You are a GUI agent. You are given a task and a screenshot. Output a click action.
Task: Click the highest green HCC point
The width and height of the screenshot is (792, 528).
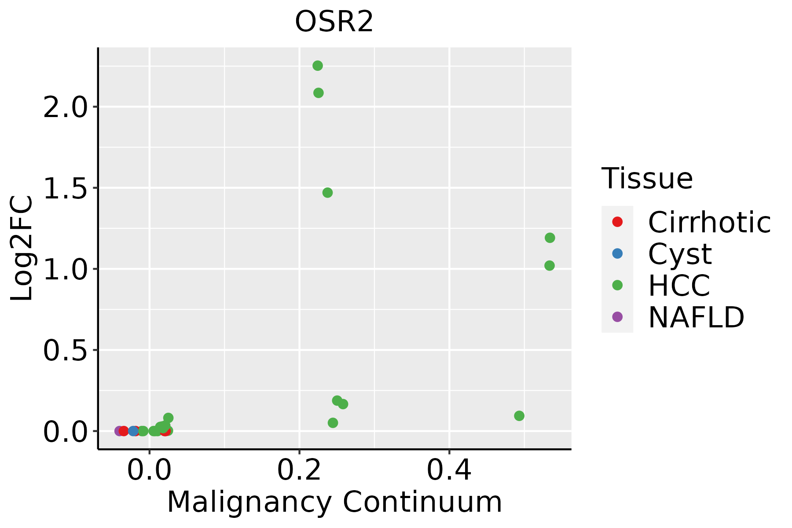(x=318, y=66)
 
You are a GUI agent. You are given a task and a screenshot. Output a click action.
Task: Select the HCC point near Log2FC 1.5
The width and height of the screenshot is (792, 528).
(x=327, y=193)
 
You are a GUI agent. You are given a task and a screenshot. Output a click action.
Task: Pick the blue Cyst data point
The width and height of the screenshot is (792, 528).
(x=133, y=431)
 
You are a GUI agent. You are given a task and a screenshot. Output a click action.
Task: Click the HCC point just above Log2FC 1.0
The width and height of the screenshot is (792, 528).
(x=549, y=266)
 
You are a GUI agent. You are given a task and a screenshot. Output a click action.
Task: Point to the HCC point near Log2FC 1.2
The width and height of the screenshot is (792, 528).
(x=550, y=238)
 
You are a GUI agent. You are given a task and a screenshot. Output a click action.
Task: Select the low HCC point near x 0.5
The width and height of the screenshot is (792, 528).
(x=519, y=416)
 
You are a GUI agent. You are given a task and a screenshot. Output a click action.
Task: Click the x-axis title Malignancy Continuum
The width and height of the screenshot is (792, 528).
(x=334, y=502)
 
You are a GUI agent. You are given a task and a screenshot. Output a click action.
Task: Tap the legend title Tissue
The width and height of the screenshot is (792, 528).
(x=647, y=179)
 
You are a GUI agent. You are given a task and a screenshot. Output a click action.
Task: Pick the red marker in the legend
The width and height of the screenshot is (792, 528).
(x=617, y=222)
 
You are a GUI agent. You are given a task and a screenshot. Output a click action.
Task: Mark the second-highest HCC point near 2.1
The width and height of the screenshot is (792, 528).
(x=319, y=93)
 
